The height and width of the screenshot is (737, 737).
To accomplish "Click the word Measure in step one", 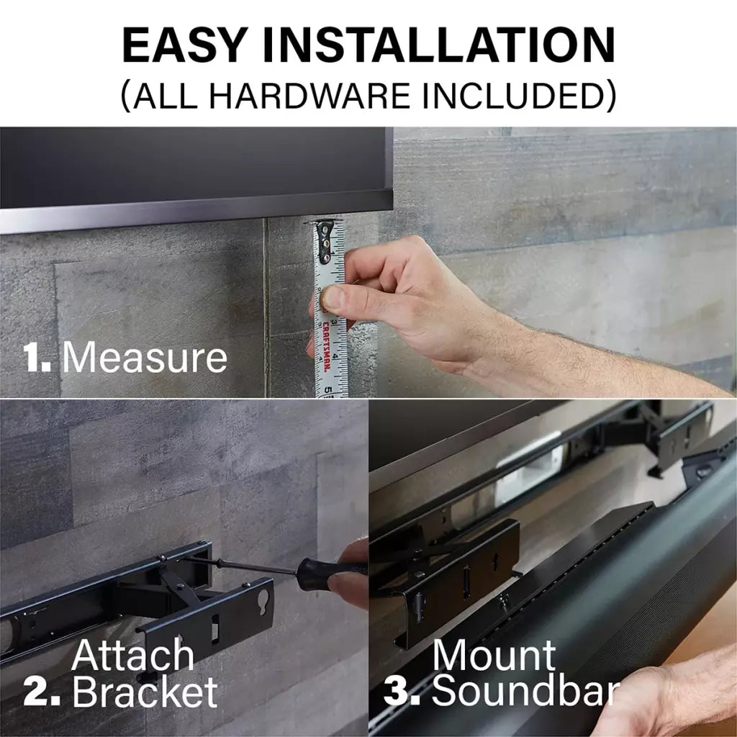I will click(x=145, y=357).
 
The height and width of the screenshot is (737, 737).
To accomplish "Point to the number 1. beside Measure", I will click(x=37, y=358).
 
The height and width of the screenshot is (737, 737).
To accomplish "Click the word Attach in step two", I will click(x=133, y=656).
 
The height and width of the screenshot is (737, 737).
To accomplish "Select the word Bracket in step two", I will click(x=145, y=692).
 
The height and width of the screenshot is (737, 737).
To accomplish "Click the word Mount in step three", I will click(x=494, y=656).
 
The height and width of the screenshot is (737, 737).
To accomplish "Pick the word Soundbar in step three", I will click(x=525, y=692).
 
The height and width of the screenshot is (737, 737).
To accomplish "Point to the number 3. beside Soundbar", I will click(x=405, y=693).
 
